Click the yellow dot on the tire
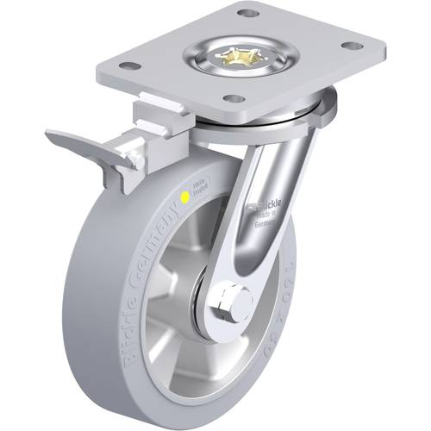pos(184,197)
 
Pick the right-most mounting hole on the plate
pos(350,47)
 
